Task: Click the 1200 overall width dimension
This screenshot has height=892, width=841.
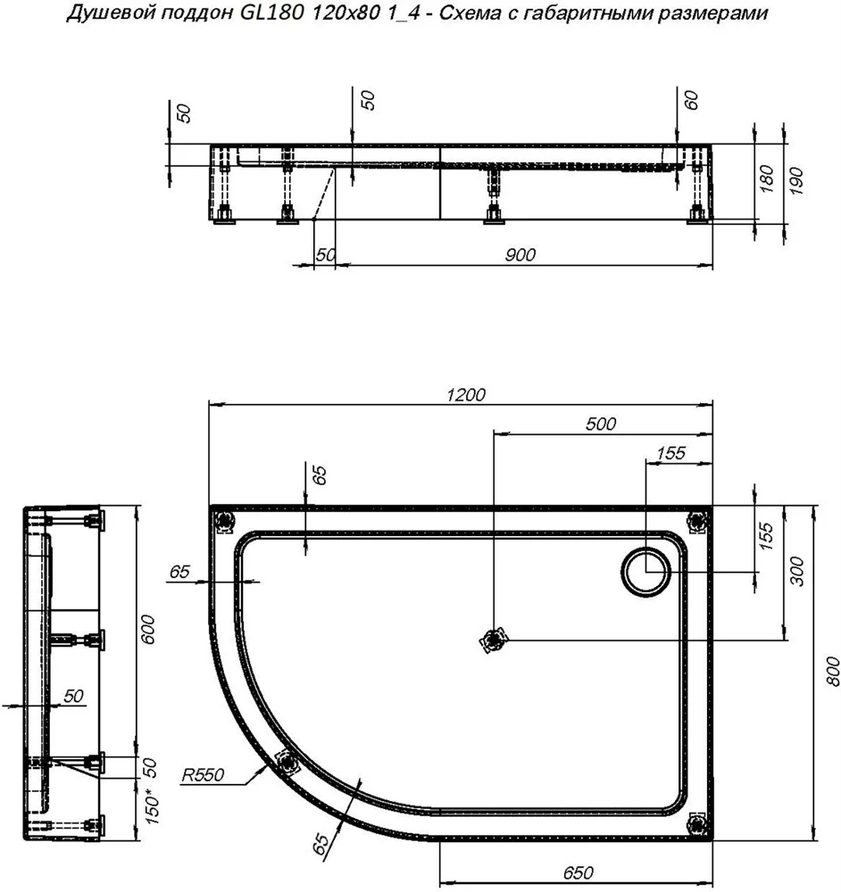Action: (x=466, y=394)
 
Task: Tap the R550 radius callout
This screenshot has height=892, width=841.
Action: (x=203, y=775)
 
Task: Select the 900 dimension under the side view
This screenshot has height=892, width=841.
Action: (x=520, y=254)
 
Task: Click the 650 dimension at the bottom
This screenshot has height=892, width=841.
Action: (x=578, y=871)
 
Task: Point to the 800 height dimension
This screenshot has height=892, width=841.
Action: (x=831, y=672)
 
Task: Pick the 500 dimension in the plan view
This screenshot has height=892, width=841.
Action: (x=601, y=423)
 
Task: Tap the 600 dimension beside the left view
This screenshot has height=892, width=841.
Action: (x=147, y=629)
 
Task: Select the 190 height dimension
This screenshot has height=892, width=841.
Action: (x=796, y=181)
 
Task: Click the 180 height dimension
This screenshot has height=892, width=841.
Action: (x=767, y=178)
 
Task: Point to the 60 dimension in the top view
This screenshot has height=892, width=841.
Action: (x=691, y=100)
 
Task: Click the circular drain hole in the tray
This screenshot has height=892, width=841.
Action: (x=645, y=572)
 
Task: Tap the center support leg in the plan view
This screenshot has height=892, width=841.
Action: (x=493, y=640)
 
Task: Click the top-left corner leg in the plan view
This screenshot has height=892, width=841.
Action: (x=224, y=519)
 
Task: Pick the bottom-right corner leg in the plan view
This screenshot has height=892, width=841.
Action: (x=699, y=823)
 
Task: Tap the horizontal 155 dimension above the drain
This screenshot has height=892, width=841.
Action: (x=670, y=453)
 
